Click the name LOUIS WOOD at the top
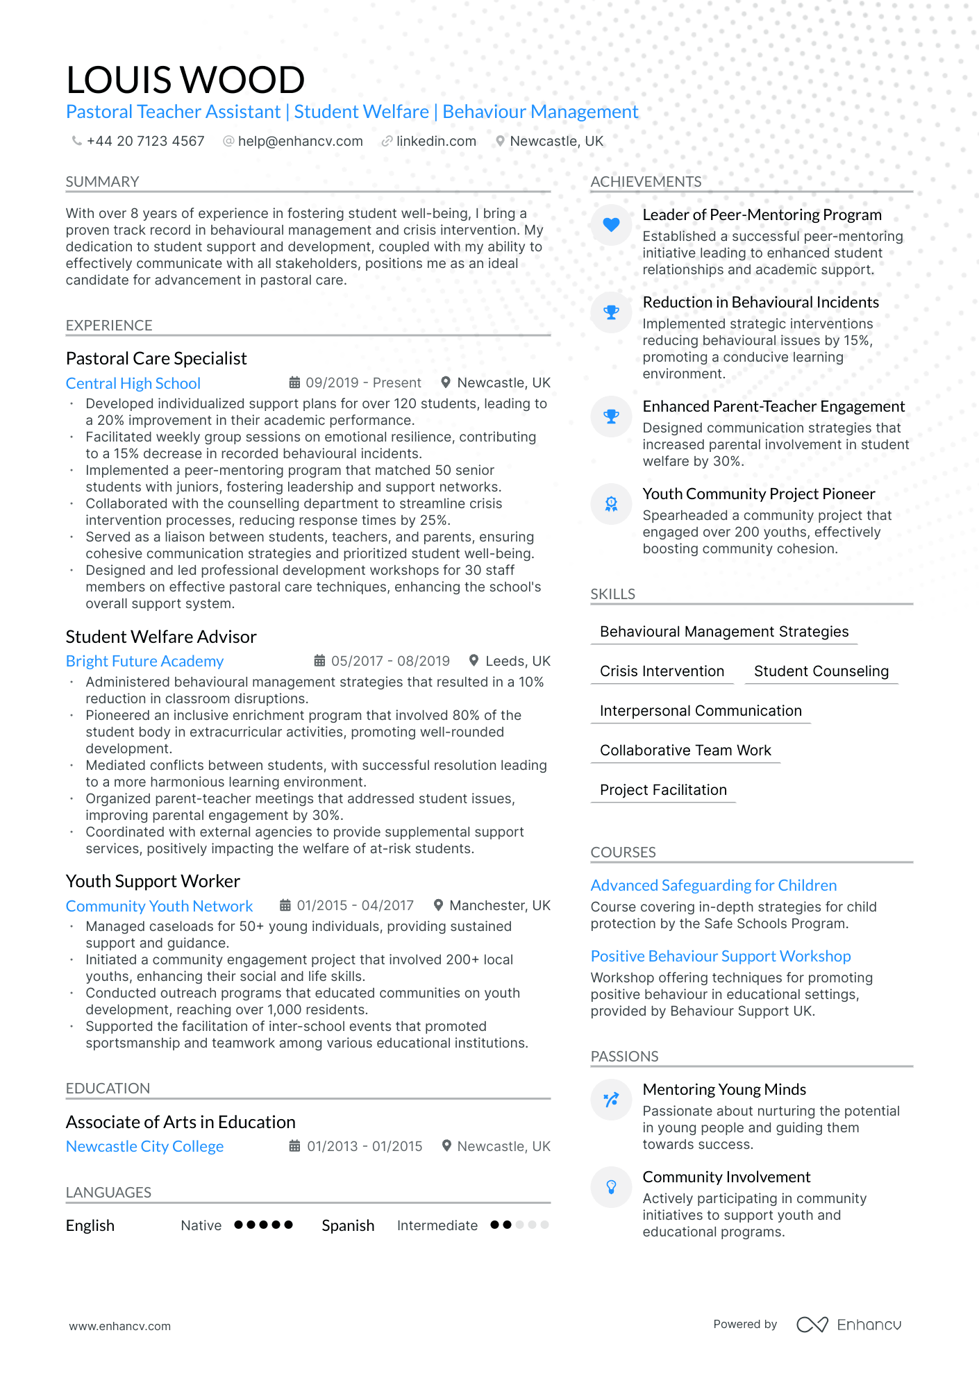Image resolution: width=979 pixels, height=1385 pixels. pos(185,80)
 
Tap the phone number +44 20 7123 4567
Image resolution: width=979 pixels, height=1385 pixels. pos(145,141)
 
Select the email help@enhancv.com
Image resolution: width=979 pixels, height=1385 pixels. pos(300,141)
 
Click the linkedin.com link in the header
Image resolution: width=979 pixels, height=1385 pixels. pos(435,141)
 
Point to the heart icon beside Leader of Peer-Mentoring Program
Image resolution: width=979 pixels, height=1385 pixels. pos(611,224)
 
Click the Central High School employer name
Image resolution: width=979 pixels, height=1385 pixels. pos(133,383)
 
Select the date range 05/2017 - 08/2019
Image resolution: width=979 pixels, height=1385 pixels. pos(390,661)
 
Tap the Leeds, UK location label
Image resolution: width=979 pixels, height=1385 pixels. pos(517,661)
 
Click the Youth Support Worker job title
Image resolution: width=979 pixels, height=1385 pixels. pos(153,881)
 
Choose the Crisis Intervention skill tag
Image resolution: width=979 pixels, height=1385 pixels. pos(662,671)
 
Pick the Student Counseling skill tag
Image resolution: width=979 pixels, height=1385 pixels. pos(821,671)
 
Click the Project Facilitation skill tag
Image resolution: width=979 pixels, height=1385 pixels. pos(663,790)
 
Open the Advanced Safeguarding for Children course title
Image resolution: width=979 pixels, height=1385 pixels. pos(713,885)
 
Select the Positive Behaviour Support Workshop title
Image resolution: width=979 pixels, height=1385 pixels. pos(720,956)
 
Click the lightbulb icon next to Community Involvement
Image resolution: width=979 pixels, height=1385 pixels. pos(611,1186)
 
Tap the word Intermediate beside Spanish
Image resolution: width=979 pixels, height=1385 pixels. pos(437,1225)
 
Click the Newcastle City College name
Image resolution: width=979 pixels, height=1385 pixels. pos(144,1146)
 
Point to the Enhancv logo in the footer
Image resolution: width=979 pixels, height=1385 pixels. pos(848,1325)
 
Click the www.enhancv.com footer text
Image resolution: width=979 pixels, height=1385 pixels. pos(119,1326)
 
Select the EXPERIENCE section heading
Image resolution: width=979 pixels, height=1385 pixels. pos(109,325)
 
